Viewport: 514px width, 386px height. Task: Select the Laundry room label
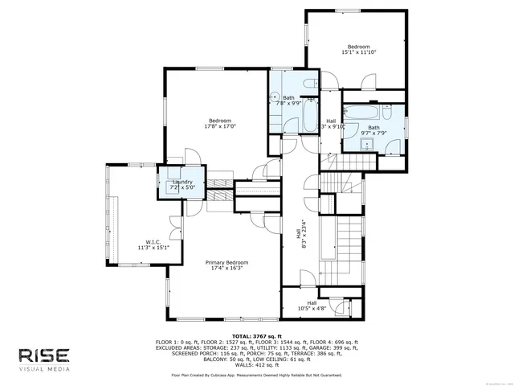(x=182, y=183)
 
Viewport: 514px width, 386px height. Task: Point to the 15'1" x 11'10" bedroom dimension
(x=357, y=53)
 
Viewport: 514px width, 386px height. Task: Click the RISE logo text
(x=45, y=355)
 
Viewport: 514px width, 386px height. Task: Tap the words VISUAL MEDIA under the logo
(x=45, y=370)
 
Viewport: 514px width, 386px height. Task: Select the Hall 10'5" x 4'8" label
(x=312, y=306)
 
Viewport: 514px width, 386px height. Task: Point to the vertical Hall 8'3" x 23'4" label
(x=300, y=232)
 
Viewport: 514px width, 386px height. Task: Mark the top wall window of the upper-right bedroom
(x=347, y=11)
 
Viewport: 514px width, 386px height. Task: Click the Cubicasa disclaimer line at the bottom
(x=256, y=375)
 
